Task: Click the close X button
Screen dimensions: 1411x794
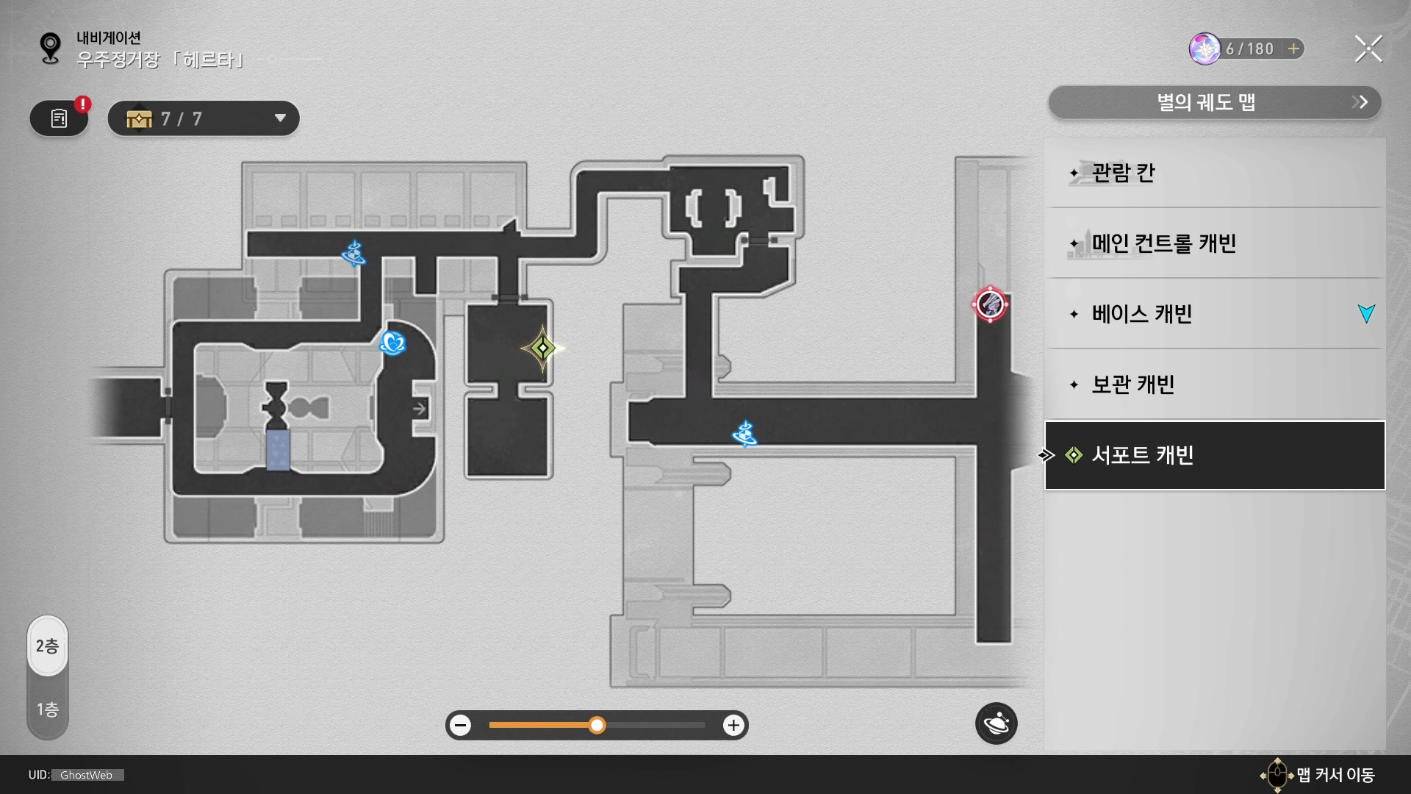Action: click(x=1368, y=49)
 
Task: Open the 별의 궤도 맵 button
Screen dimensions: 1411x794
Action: click(x=1214, y=102)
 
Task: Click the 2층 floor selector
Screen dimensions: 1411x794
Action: click(x=48, y=646)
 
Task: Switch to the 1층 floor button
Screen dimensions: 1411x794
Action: click(x=48, y=709)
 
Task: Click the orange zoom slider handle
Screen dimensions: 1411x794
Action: click(x=597, y=726)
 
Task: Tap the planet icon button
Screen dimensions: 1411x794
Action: click(x=996, y=724)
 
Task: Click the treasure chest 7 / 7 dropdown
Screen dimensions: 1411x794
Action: click(x=204, y=118)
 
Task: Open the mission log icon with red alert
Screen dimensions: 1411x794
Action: click(x=60, y=118)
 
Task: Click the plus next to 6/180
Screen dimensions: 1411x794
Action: click(x=1293, y=49)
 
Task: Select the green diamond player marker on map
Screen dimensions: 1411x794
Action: click(x=542, y=348)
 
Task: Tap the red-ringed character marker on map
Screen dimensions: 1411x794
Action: click(x=990, y=304)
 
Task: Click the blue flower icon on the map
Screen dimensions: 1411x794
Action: click(x=392, y=343)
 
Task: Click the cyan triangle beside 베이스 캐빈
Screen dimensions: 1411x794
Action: click(x=1366, y=314)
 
